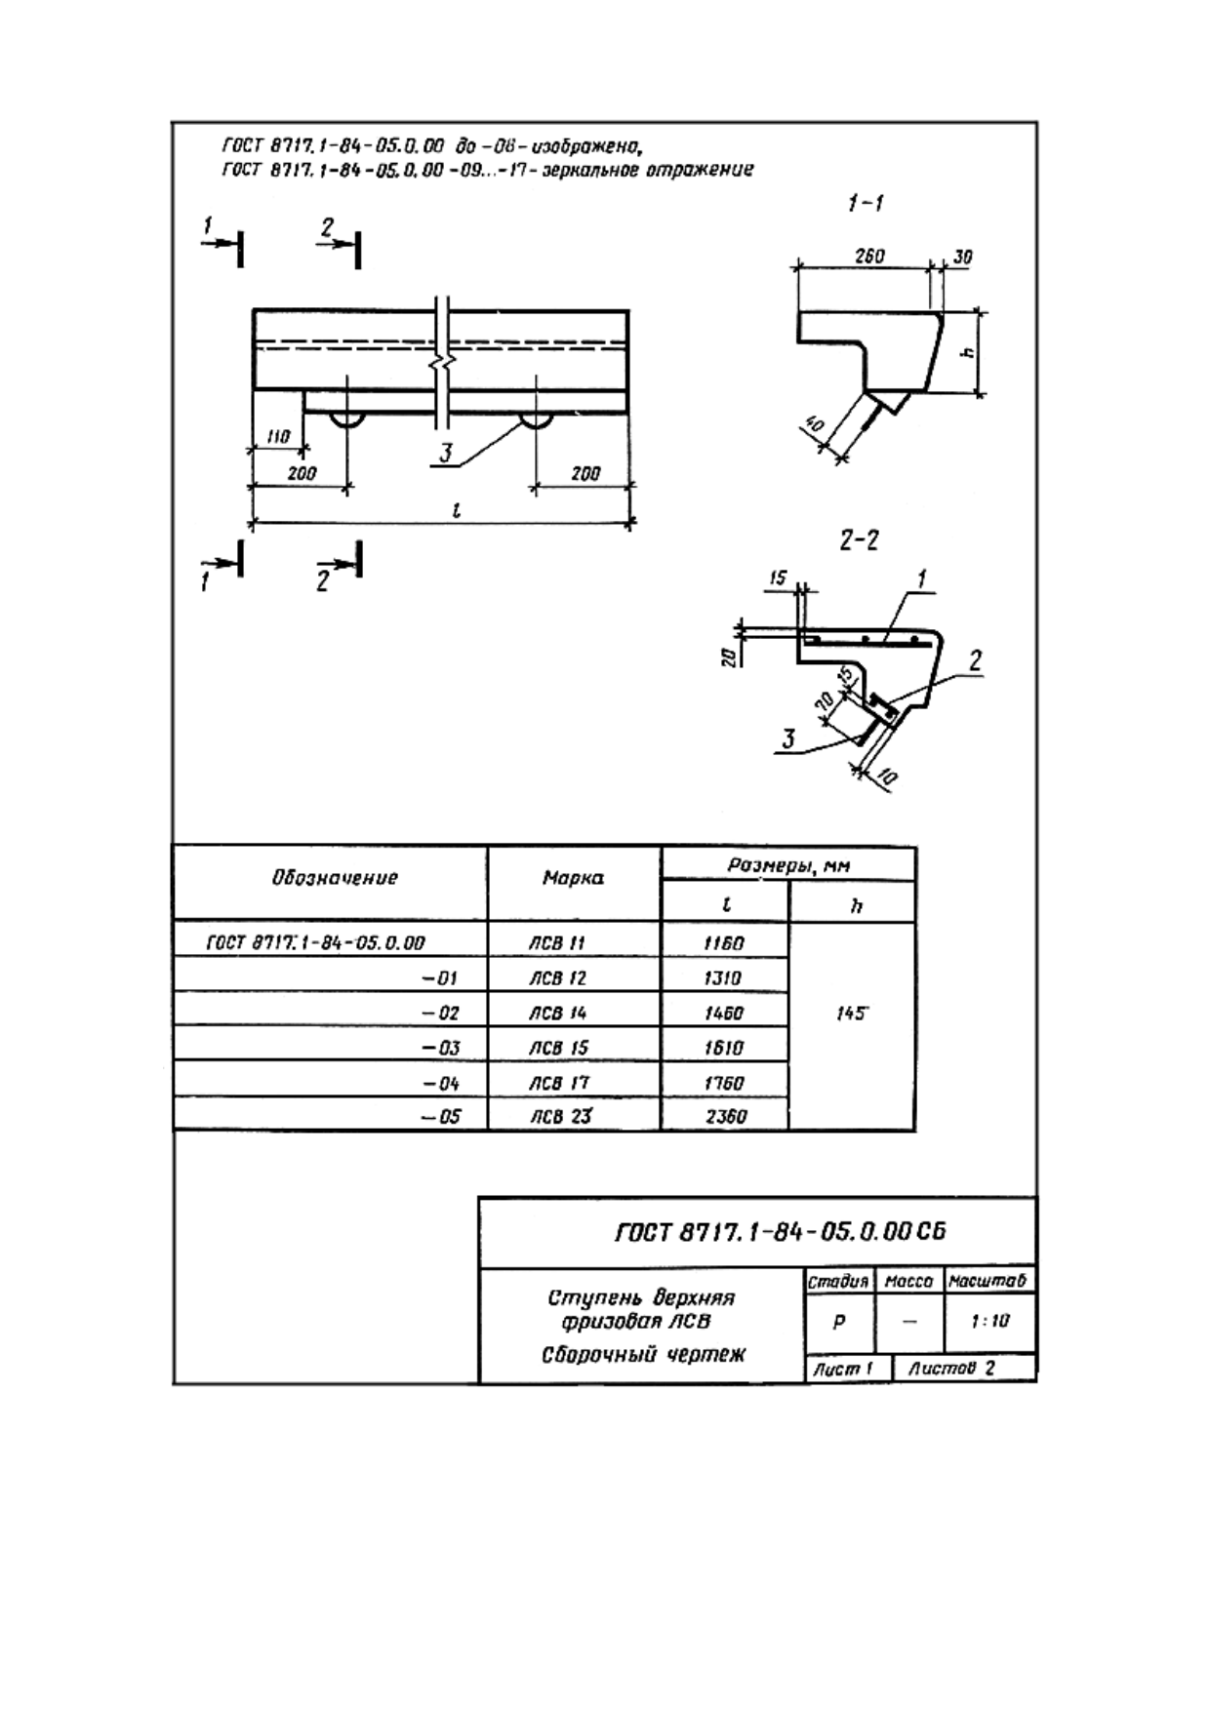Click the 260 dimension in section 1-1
click(869, 256)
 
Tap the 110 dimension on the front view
click(278, 437)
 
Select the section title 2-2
click(859, 539)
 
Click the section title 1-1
click(865, 203)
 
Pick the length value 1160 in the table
click(724, 943)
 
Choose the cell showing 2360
click(725, 1117)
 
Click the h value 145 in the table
click(851, 1014)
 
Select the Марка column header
click(573, 878)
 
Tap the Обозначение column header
click(335, 877)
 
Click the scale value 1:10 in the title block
click(990, 1321)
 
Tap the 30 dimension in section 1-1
click(962, 258)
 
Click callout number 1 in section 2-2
click(921, 580)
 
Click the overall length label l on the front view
click(457, 509)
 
